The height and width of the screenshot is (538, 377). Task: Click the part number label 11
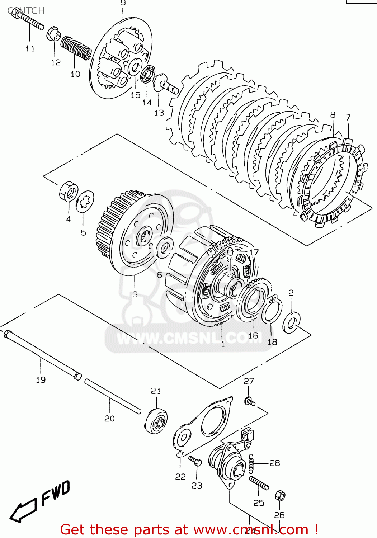pyautogui.click(x=30, y=48)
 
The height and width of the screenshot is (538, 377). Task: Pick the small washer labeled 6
pyautogui.click(x=164, y=247)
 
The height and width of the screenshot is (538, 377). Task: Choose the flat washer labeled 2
pyautogui.click(x=291, y=322)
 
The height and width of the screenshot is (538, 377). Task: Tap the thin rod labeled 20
pyautogui.click(x=112, y=396)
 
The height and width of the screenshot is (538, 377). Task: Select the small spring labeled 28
pyautogui.click(x=252, y=463)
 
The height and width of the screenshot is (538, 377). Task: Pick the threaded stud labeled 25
pyautogui.click(x=259, y=483)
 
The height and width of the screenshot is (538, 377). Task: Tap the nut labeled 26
pyautogui.click(x=280, y=496)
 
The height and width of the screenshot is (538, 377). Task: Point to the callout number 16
pyautogui.click(x=253, y=336)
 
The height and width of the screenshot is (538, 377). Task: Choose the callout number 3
pyautogui.click(x=135, y=294)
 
